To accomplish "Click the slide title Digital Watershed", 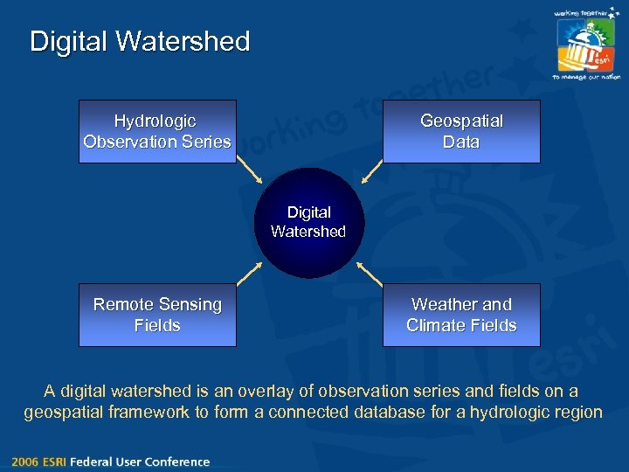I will click(140, 41).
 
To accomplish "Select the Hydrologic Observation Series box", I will click(157, 131).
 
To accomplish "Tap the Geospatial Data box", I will click(461, 131).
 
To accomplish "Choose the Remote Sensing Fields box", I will click(157, 315).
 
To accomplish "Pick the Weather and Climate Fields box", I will click(461, 315).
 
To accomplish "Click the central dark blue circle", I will click(308, 223).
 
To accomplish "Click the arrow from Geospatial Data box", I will click(372, 172).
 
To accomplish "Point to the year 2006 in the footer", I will click(25, 462).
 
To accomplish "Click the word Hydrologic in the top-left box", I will click(155, 121).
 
